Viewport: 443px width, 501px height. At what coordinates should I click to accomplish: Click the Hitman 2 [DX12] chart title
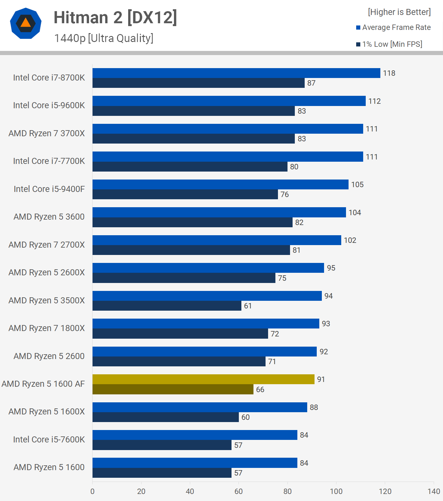click(115, 18)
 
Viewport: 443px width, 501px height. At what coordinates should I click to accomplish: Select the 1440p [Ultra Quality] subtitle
click(104, 38)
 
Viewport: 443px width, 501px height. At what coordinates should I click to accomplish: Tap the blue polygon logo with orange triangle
click(26, 23)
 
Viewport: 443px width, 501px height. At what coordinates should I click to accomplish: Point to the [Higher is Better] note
click(399, 12)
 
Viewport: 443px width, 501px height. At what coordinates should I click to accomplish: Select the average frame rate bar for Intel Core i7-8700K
click(236, 73)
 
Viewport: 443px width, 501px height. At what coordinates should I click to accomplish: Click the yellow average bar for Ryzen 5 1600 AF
click(203, 379)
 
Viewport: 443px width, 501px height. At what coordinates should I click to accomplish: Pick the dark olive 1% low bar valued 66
click(173, 389)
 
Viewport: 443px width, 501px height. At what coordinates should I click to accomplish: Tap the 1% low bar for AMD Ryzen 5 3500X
click(167, 306)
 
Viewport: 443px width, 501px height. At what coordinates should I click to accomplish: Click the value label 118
click(389, 73)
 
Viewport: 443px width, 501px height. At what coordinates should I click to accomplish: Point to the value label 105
click(357, 185)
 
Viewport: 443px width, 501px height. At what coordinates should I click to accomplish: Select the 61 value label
click(248, 306)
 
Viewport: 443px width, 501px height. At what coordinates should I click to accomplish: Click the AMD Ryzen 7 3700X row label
click(47, 133)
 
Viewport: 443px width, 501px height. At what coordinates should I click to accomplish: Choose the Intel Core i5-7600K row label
click(49, 440)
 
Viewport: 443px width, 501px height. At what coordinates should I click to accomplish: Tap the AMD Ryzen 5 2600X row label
click(47, 272)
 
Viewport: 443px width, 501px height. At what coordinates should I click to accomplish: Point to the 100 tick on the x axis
click(336, 491)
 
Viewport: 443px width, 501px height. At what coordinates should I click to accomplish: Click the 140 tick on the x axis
click(434, 491)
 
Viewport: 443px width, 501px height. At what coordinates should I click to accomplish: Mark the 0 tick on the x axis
click(93, 491)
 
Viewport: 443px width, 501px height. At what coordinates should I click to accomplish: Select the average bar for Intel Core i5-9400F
click(220, 185)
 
